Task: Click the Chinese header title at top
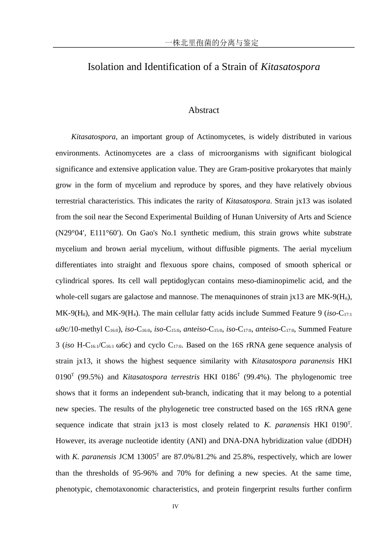211,43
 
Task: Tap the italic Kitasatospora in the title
290,67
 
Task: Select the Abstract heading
204,110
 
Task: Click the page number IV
175,507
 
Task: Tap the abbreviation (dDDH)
338,441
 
